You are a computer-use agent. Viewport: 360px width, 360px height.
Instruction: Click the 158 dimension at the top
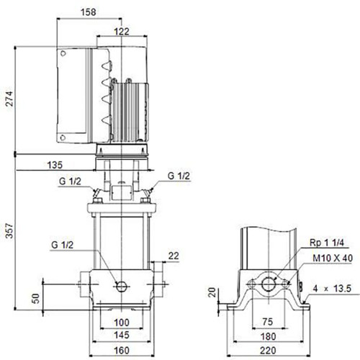[89, 12]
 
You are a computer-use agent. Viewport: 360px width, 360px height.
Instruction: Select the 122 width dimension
[122, 32]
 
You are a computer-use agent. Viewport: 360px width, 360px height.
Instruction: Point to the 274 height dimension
[9, 99]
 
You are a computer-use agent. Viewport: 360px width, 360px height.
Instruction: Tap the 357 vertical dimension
[9, 230]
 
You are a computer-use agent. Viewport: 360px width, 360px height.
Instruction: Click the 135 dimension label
[55, 165]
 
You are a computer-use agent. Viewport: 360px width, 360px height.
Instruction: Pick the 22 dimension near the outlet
[174, 256]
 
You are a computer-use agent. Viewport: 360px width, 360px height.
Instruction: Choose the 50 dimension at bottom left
[36, 298]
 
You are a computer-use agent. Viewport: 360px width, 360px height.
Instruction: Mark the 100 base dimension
[122, 323]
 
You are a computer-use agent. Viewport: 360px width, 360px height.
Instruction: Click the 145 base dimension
[122, 335]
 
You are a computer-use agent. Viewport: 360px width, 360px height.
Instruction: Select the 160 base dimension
[122, 351]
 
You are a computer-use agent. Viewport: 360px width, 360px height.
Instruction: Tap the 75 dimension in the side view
[268, 322]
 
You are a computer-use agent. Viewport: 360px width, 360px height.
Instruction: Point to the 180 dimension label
[268, 336]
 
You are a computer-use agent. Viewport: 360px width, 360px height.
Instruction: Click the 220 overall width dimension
[268, 351]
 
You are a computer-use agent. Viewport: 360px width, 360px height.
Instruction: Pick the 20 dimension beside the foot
[212, 292]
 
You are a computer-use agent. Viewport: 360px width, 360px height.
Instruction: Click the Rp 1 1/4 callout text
[327, 243]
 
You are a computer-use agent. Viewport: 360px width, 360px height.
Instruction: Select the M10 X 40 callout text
[333, 258]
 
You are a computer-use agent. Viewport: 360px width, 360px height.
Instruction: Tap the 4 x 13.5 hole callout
[332, 289]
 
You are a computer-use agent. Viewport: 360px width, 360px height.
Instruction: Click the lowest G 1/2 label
[62, 245]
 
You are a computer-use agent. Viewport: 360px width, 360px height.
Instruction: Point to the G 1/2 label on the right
[179, 176]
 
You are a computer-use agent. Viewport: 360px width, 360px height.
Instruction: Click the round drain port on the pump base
[122, 286]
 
